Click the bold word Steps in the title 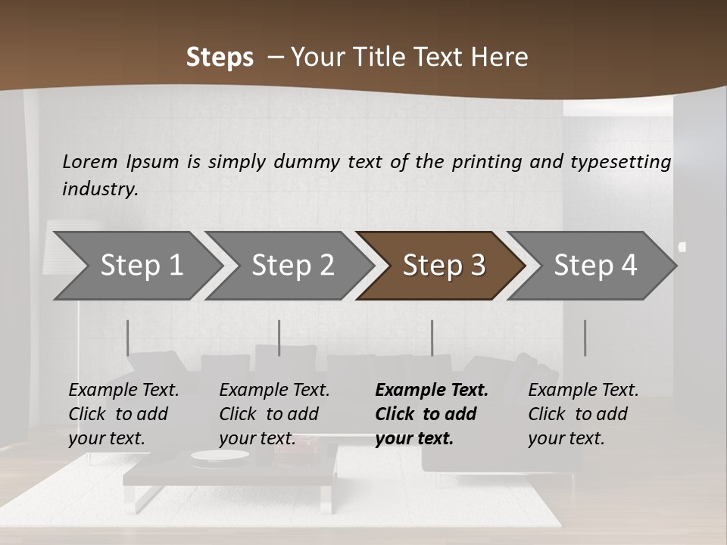(220, 58)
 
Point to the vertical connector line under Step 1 (128, 338)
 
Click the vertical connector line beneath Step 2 (279, 338)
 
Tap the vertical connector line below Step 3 (432, 338)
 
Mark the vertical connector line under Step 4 (585, 338)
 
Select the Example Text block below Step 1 (123, 414)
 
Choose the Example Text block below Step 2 (274, 414)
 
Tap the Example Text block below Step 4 (583, 414)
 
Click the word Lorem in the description (90, 162)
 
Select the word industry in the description (100, 189)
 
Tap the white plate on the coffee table (220, 455)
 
